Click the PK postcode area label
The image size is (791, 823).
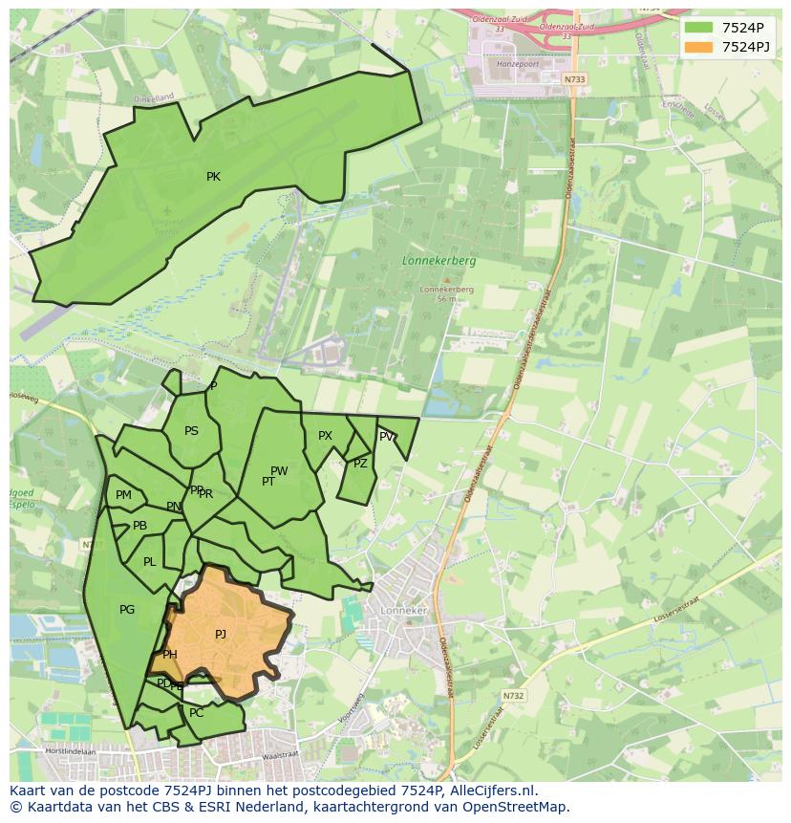pos(213,177)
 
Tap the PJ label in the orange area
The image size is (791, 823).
pos(221,635)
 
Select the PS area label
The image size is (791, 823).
pos(191,431)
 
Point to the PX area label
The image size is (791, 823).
pos(325,436)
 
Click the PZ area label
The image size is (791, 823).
pos(360,464)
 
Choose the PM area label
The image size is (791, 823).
pos(123,495)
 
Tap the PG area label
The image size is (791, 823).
pos(127,610)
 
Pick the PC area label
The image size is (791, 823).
pos(197,713)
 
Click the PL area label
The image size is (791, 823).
pos(149,562)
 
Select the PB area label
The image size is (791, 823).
pos(139,526)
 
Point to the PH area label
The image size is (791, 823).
pos(170,655)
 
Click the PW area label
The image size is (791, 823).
pos(279,471)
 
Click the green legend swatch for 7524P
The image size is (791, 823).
pos(698,28)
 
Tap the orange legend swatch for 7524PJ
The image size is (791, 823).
pos(698,47)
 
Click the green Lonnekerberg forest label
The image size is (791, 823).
pos(438,260)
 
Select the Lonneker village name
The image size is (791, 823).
pos(404,610)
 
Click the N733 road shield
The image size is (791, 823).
pos(574,79)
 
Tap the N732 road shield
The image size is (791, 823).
pos(514,696)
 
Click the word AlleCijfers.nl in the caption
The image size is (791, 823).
pos(491,791)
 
